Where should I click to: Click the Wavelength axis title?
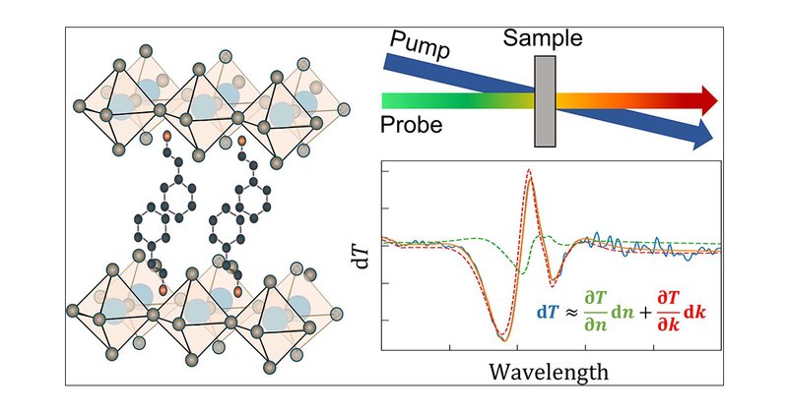[551, 373]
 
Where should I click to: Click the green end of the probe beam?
[391, 99]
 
